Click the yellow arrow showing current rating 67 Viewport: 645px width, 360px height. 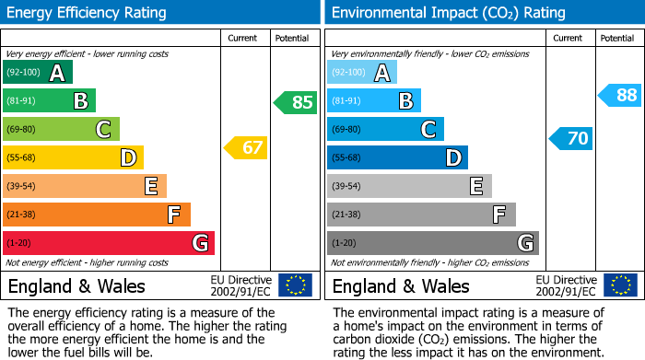pyautogui.click(x=246, y=147)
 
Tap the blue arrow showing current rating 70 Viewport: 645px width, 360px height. pyautogui.click(x=570, y=139)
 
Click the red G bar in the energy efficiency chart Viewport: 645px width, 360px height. pyautogui.click(x=109, y=243)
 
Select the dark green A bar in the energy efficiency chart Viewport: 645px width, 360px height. pyautogui.click(x=37, y=73)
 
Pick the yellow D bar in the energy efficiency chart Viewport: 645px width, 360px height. pyautogui.click(x=73, y=157)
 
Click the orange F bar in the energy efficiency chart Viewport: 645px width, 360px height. pyautogui.click(x=97, y=215)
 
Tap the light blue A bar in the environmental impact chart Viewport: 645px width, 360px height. pyautogui.click(x=362, y=73)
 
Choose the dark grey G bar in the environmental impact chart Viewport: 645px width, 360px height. pyautogui.click(x=432, y=243)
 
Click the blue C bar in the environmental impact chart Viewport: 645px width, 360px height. pyautogui.click(x=385, y=129)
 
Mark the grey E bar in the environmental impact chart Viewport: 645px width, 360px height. pyautogui.click(x=409, y=186)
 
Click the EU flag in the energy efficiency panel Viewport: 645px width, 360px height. pyautogui.click(x=295, y=285)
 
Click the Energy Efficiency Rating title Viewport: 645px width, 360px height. pyautogui.click(x=88, y=13)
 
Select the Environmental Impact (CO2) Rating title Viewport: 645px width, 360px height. pyautogui.click(x=448, y=13)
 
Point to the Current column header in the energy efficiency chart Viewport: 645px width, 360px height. pyautogui.click(x=244, y=38)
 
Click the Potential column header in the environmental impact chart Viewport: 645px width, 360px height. pyautogui.click(x=617, y=38)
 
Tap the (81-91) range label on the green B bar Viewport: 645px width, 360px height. pyautogui.click(x=22, y=101)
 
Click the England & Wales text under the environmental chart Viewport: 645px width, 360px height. pyautogui.click(x=401, y=285)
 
